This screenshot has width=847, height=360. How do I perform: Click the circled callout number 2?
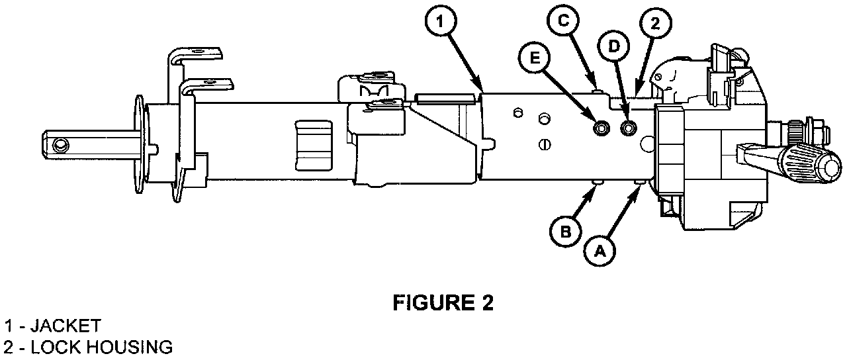coord(654,24)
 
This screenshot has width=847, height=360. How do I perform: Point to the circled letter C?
coord(563,21)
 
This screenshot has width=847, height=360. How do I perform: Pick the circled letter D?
coord(613,47)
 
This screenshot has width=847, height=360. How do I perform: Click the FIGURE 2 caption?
coord(443,303)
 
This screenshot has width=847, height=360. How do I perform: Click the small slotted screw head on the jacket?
coord(546,143)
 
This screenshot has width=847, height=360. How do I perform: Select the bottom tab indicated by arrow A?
coord(639,182)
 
